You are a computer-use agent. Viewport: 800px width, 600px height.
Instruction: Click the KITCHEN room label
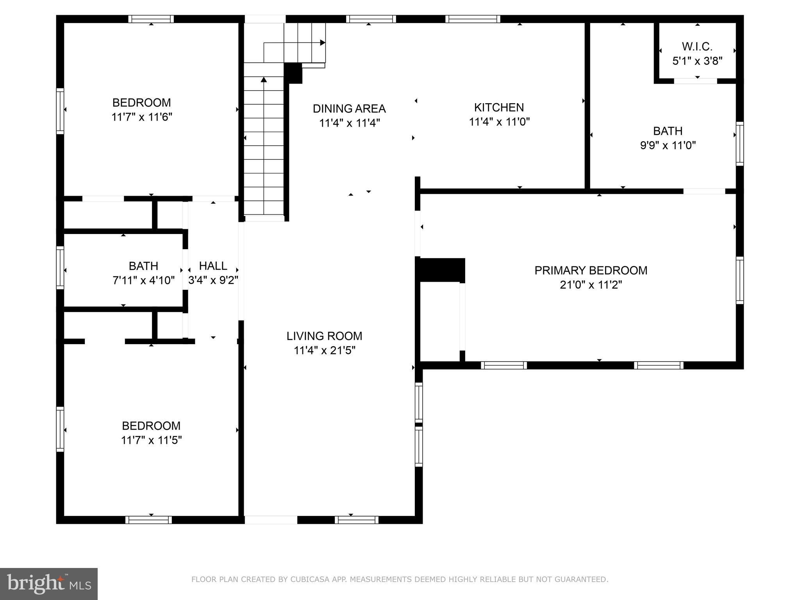click(499, 107)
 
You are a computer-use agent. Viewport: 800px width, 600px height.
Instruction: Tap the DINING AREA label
click(349, 109)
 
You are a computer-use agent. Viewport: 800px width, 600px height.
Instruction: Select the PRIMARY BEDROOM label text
click(591, 270)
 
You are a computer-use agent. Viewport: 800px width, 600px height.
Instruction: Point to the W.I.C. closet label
click(697, 47)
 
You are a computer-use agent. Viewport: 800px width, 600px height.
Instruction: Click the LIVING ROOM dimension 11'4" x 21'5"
click(324, 350)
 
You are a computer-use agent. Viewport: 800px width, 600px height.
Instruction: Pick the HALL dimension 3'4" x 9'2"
click(213, 280)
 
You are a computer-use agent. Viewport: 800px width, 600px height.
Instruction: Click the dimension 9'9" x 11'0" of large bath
click(668, 145)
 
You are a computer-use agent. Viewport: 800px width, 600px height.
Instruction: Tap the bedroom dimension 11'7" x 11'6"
click(141, 117)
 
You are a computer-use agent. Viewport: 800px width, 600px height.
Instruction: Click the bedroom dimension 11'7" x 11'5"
click(151, 440)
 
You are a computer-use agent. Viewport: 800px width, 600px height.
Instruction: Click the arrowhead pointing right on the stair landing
click(323, 43)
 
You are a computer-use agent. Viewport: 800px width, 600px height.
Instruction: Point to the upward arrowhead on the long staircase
click(264, 80)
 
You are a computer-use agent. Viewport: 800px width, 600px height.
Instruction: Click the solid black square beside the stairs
click(293, 73)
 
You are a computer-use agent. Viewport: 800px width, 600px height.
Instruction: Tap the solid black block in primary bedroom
click(441, 270)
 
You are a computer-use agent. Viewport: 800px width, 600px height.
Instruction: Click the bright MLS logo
click(48, 584)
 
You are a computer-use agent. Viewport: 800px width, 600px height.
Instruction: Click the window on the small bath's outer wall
click(60, 268)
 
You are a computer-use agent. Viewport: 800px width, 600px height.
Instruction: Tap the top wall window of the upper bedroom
click(151, 19)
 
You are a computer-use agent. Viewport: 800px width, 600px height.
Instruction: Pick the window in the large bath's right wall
click(739, 144)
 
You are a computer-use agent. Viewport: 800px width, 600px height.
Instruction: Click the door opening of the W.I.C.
click(695, 81)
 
